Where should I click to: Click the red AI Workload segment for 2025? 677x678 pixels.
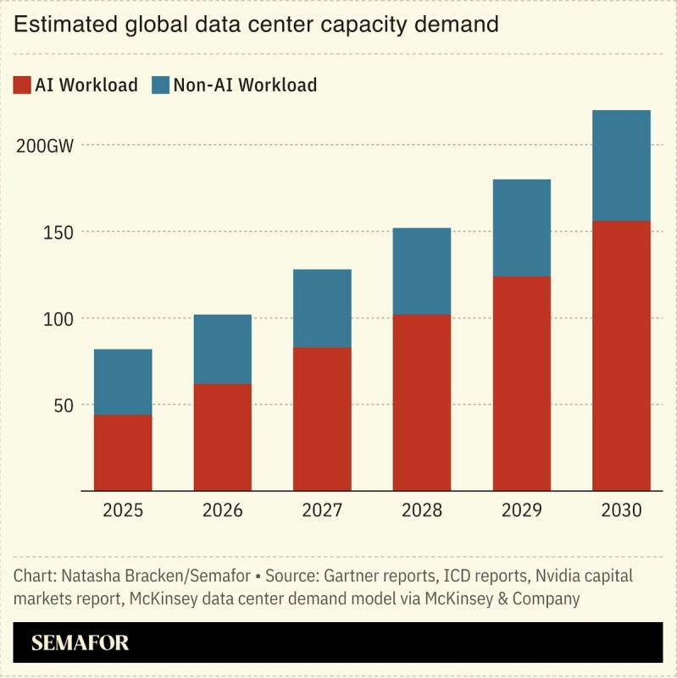pos(123,452)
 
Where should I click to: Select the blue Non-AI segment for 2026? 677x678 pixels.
pos(222,349)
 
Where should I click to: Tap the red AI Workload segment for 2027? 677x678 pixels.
pos(322,418)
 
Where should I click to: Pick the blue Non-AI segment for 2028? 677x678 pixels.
pos(422,271)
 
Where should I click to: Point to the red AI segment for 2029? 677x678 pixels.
pos(521,383)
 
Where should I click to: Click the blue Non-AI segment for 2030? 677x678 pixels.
pos(621,165)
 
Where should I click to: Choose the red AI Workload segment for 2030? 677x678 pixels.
pos(621,356)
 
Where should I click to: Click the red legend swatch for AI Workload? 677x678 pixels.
pos(21,85)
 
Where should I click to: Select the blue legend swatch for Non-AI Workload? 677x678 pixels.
pos(160,85)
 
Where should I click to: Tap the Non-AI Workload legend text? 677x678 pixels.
pos(245,85)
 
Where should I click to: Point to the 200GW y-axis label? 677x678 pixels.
pos(45,146)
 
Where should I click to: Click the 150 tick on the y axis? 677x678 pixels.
pos(59,232)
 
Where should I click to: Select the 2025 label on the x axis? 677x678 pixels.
pos(123,510)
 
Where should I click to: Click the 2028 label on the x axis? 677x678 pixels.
pos(422,510)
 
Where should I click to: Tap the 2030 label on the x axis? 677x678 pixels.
pos(621,510)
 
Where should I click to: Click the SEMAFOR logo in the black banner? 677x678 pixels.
pos(80,642)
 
